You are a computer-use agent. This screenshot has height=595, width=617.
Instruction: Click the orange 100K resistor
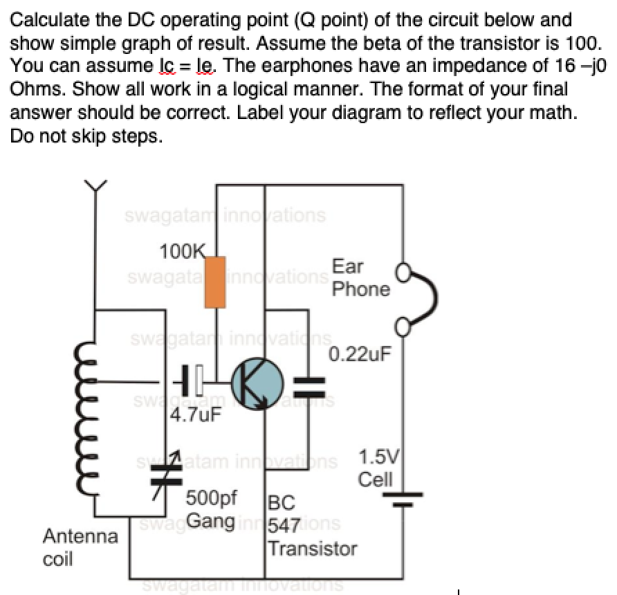[x=215, y=282]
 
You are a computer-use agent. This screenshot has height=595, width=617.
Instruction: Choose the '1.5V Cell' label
[x=376, y=468]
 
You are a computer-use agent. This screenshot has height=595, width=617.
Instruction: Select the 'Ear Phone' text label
[x=360, y=277]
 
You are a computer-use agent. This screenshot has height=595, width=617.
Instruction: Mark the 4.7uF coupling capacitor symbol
[x=191, y=381]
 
